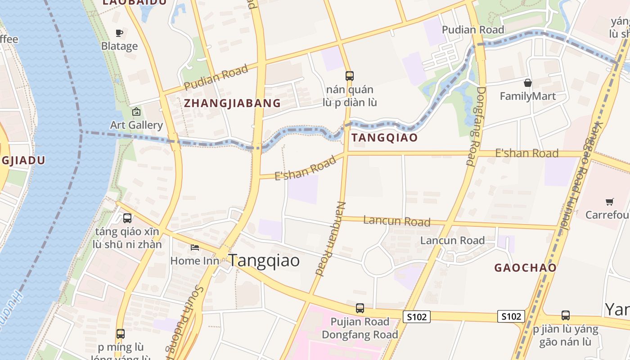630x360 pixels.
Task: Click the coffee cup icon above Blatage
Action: tap(119, 33)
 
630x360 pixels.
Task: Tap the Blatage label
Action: tap(119, 46)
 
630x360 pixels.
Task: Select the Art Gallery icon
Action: tap(136, 112)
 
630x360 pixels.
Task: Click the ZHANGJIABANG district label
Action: tap(232, 103)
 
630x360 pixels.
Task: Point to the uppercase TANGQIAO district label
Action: tap(385, 138)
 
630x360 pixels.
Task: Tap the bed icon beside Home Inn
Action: tap(195, 247)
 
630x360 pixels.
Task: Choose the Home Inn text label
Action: tap(192, 261)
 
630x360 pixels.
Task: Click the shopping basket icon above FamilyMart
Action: tap(528, 83)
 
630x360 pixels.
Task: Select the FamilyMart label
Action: tap(528, 96)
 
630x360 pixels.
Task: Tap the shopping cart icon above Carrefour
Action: tap(610, 202)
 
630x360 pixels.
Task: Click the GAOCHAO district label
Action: tap(525, 268)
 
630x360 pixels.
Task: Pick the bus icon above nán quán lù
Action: tap(350, 76)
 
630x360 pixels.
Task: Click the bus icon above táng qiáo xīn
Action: tap(127, 218)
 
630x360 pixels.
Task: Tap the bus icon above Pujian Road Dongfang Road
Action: tap(360, 308)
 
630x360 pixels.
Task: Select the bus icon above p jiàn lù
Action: tap(566, 315)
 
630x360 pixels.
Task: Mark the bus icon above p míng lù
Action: tap(121, 334)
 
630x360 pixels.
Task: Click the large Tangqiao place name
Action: tap(264, 260)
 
